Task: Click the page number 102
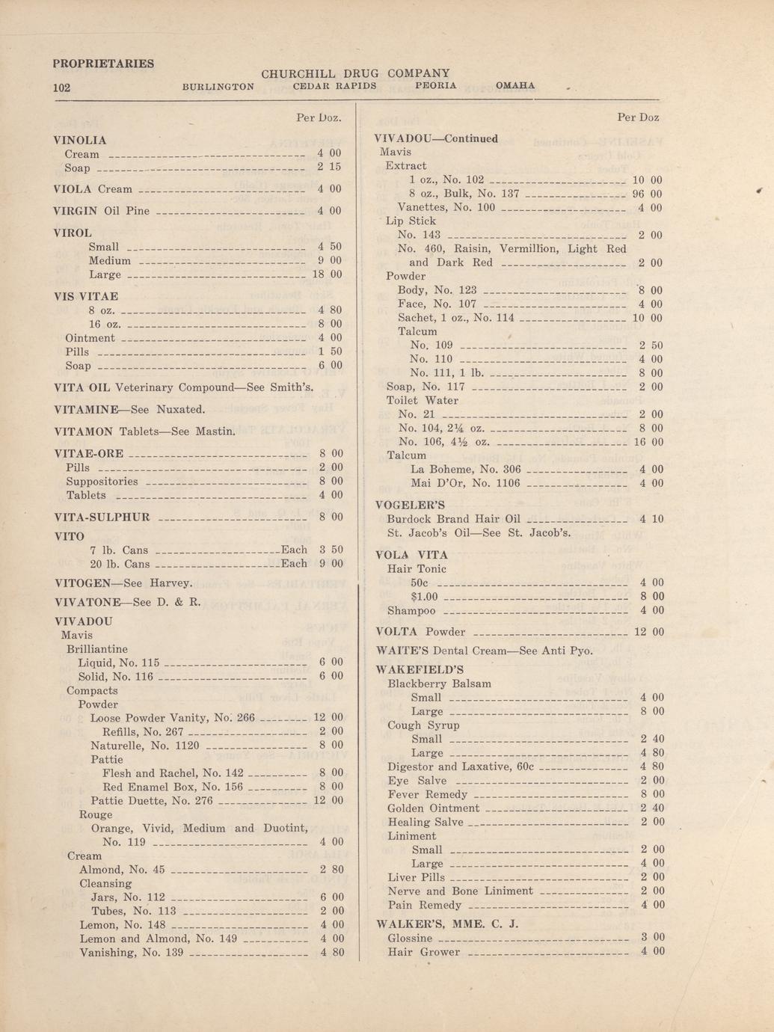(x=61, y=87)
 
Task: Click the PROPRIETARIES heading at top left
(x=103, y=64)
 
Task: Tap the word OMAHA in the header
(x=515, y=86)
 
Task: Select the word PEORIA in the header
(x=435, y=86)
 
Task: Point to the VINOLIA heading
(x=81, y=140)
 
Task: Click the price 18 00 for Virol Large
(x=326, y=274)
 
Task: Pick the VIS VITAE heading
(x=86, y=296)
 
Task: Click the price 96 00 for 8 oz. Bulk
(x=647, y=194)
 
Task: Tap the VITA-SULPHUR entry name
(x=102, y=517)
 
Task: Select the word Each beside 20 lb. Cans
(x=294, y=564)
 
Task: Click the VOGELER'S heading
(x=410, y=505)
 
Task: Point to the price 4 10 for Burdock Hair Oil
(x=651, y=518)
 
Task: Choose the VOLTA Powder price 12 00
(x=648, y=632)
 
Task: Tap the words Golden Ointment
(x=434, y=808)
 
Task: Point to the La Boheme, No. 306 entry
(x=465, y=470)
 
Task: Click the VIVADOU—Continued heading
(x=435, y=138)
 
